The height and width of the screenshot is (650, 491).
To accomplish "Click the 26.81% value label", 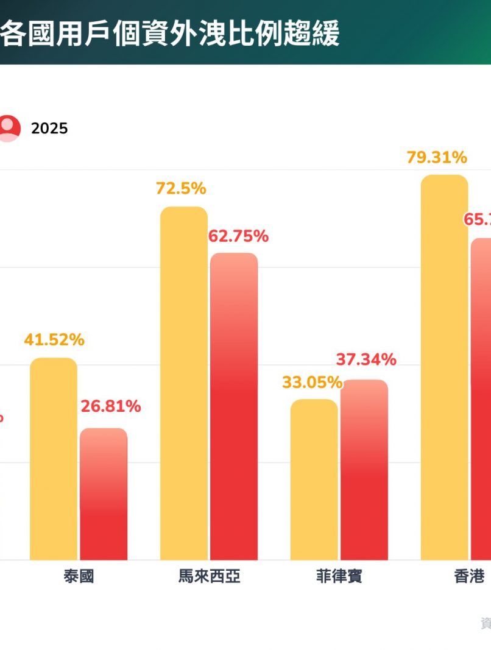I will pyautogui.click(x=111, y=406).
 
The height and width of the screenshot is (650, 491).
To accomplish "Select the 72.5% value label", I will pyautogui.click(x=181, y=189).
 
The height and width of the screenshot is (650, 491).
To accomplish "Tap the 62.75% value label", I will pyautogui.click(x=238, y=236).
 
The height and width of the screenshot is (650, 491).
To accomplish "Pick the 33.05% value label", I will pyautogui.click(x=311, y=383).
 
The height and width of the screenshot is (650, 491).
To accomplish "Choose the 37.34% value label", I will pyautogui.click(x=366, y=359).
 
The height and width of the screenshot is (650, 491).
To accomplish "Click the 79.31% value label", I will pyautogui.click(x=437, y=158).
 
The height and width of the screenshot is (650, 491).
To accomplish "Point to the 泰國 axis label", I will pyautogui.click(x=79, y=576).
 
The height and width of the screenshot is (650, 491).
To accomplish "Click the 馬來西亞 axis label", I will pyautogui.click(x=209, y=576).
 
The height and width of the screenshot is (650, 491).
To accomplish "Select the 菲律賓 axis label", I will pyautogui.click(x=339, y=576).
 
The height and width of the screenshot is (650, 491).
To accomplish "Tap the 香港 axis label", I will pyautogui.click(x=469, y=576).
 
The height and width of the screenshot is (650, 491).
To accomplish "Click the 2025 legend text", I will pyautogui.click(x=49, y=129).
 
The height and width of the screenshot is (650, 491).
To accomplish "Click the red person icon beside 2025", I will pyautogui.click(x=9, y=128).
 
